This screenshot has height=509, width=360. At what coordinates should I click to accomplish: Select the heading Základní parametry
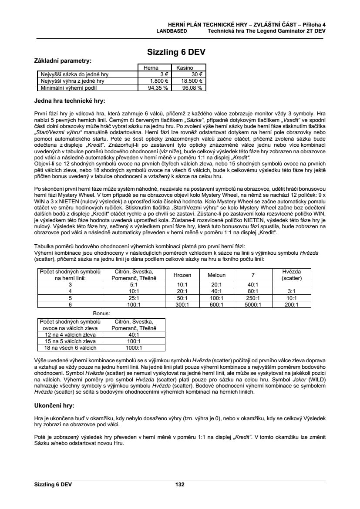(x=63, y=61)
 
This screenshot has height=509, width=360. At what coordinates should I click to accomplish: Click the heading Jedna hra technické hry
(x=70, y=101)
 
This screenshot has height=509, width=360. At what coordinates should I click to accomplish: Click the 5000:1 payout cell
(x=252, y=305)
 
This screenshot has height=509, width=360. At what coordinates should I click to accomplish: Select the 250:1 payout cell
(x=252, y=298)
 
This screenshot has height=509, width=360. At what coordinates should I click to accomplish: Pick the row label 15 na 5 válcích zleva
(x=67, y=341)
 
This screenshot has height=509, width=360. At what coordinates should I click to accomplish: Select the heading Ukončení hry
(x=54, y=405)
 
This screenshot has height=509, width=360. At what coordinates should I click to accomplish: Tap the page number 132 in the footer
(x=180, y=485)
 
